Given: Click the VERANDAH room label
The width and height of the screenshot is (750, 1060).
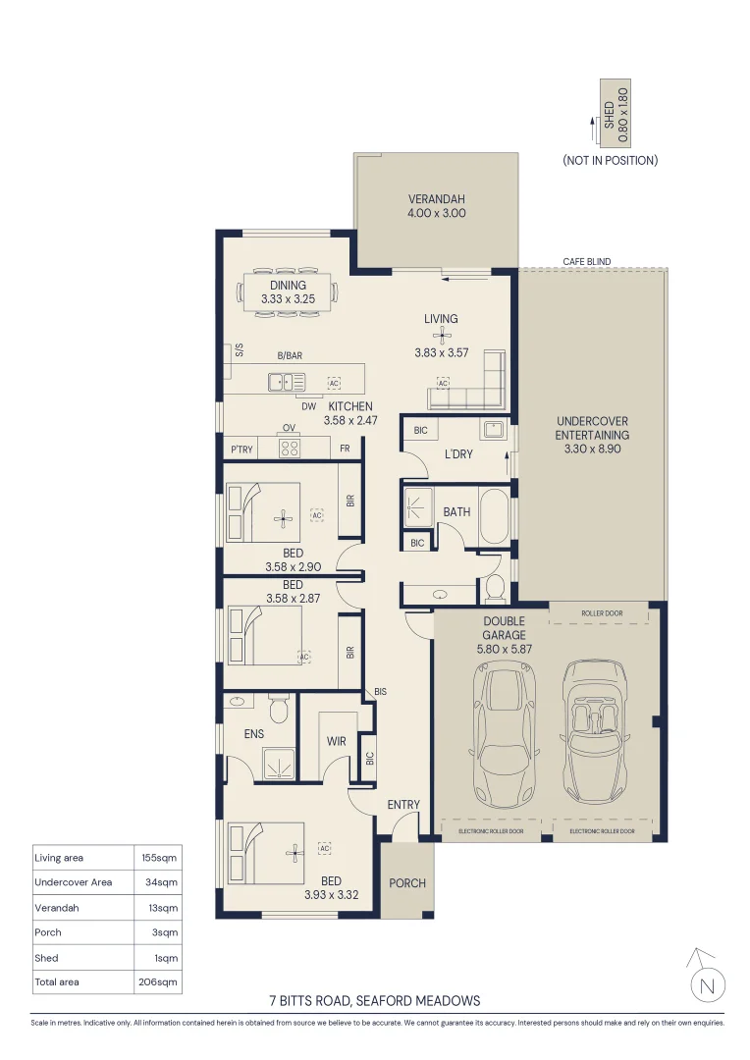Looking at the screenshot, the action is [436, 199].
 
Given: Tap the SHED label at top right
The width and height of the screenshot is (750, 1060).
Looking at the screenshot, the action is [610, 115].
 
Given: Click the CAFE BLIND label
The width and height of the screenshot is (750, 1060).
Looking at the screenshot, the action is [586, 262].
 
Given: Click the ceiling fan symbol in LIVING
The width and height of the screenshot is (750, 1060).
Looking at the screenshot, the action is [441, 335].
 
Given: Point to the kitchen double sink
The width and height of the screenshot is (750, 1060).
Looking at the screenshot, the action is [287, 383].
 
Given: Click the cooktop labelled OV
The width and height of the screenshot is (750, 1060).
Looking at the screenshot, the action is [290, 448].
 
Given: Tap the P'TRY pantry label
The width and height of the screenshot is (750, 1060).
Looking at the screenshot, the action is [241, 449].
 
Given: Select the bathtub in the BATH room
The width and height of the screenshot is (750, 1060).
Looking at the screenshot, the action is [495, 516].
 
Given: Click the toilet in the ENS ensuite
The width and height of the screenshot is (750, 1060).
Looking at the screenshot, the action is [278, 708].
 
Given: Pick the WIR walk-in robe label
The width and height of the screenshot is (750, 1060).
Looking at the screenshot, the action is [336, 741].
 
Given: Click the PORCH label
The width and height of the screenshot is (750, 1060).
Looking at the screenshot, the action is [407, 883].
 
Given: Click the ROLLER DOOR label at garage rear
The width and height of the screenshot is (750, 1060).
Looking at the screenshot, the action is [602, 613].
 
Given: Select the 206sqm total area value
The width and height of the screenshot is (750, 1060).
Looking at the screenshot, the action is [158, 981].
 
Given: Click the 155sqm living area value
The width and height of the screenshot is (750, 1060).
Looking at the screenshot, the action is [159, 858].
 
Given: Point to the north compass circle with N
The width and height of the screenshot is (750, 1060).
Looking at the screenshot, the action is [708, 985].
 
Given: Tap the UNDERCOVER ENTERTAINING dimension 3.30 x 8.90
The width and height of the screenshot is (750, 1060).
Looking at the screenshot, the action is [592, 449].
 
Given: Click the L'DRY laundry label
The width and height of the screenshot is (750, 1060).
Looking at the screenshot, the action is [457, 454].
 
